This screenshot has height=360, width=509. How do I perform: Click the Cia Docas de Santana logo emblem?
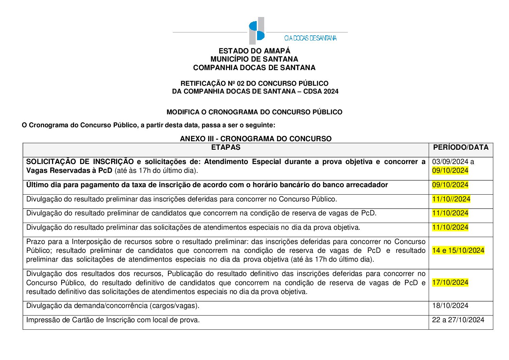click(256, 31)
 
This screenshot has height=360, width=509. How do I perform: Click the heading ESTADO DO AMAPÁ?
click(254, 51)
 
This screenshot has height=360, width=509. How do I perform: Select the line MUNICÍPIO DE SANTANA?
click(254, 59)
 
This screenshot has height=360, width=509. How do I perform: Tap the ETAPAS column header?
click(225, 147)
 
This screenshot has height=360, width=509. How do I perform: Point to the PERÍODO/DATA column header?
click(461, 147)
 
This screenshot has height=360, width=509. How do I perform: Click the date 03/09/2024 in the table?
click(448, 162)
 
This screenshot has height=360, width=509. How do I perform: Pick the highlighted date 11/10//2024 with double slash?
click(451, 199)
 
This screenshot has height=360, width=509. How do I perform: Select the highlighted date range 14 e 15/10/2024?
click(458, 250)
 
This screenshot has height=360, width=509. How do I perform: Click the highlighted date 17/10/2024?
click(450, 282)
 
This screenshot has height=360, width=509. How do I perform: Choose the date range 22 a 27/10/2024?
click(458, 320)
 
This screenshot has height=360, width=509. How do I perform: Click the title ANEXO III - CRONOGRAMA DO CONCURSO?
click(255, 139)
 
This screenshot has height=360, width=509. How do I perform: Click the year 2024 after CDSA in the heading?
click(331, 91)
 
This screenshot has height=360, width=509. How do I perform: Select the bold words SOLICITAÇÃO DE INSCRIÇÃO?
click(80, 162)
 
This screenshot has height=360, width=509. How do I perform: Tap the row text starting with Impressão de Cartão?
click(113, 320)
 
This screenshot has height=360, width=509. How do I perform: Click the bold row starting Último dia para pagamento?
click(207, 185)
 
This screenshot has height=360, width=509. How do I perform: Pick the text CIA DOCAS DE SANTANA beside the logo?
click(310, 38)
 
